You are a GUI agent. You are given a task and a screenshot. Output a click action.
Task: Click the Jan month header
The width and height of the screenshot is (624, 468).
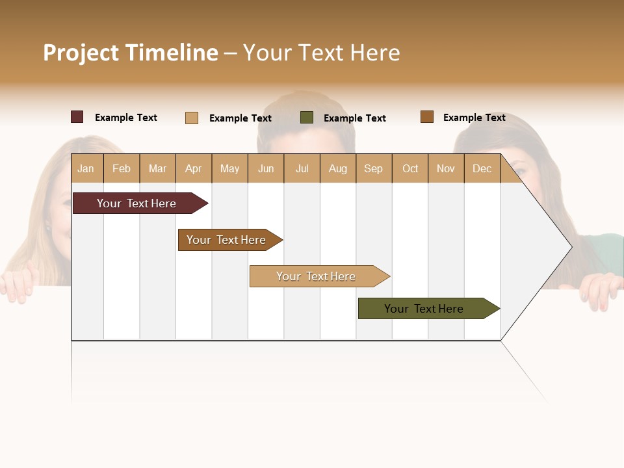coord(86,168)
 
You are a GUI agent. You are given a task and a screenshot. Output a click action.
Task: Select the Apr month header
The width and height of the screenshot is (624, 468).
coord(194,168)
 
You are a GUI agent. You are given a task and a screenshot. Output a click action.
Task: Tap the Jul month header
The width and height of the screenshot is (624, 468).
coord(302,168)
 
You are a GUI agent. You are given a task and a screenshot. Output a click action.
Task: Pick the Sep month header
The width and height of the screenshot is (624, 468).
coord(373,168)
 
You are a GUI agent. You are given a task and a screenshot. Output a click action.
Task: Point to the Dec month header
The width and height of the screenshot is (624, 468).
coord(482,168)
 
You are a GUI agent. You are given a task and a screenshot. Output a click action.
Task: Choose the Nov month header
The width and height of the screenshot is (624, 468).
coord(446,168)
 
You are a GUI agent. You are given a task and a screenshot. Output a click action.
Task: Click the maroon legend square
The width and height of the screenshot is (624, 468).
coord(77,117)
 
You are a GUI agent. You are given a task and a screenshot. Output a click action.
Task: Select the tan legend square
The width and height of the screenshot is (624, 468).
coord(192,118)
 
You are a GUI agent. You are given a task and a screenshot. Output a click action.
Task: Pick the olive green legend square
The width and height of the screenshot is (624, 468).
coord(307,118)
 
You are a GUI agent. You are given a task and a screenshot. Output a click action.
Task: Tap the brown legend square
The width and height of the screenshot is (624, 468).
coord(426,117)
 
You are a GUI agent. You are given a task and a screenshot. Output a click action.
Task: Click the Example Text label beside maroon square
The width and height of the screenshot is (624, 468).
coord(126,118)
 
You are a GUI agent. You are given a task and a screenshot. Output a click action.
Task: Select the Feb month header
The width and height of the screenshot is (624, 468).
coord(122,168)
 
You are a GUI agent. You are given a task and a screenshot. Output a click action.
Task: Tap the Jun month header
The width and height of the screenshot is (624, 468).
coord(266,168)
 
